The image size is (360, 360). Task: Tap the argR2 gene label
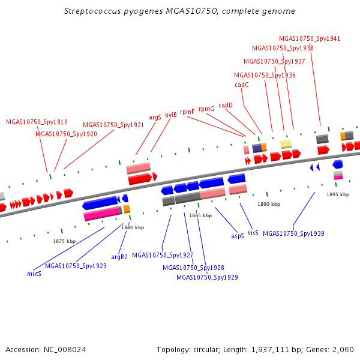tap(120, 256)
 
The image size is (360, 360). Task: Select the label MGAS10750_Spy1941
tap(310, 38)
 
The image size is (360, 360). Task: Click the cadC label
tap(241, 85)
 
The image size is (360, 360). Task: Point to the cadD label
tap(225, 105)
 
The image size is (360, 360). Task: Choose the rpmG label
tap(206, 109)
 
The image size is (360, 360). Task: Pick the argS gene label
tap(155, 118)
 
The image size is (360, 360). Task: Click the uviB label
tap(171, 114)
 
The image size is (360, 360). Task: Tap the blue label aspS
tap(238, 236)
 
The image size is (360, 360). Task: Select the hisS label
tap(253, 232)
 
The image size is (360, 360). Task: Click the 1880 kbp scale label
tap(133, 227)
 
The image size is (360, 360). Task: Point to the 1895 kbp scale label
tap(338, 194)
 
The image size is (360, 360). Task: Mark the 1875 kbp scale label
tap(64, 241)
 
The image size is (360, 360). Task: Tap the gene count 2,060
tap(343, 349)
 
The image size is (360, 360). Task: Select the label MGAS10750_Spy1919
tap(37, 122)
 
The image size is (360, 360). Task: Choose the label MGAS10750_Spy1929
tap(207, 277)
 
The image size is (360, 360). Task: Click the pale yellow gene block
tap(286, 143)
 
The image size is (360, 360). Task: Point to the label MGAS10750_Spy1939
tap(293, 233)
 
